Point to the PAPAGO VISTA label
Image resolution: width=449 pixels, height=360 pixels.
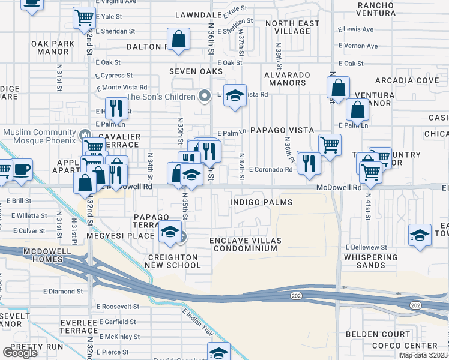[282, 130]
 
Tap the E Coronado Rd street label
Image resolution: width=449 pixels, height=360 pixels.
[271, 170]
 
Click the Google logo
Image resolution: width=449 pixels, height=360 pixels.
[20, 353]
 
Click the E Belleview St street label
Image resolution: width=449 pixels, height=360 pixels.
[366, 247]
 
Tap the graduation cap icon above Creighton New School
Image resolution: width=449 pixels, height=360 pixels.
[170, 232]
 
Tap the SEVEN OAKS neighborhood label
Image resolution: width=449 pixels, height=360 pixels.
[191, 71]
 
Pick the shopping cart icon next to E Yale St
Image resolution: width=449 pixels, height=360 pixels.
[85, 17]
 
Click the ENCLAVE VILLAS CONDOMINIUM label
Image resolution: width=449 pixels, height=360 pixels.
[245, 245]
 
